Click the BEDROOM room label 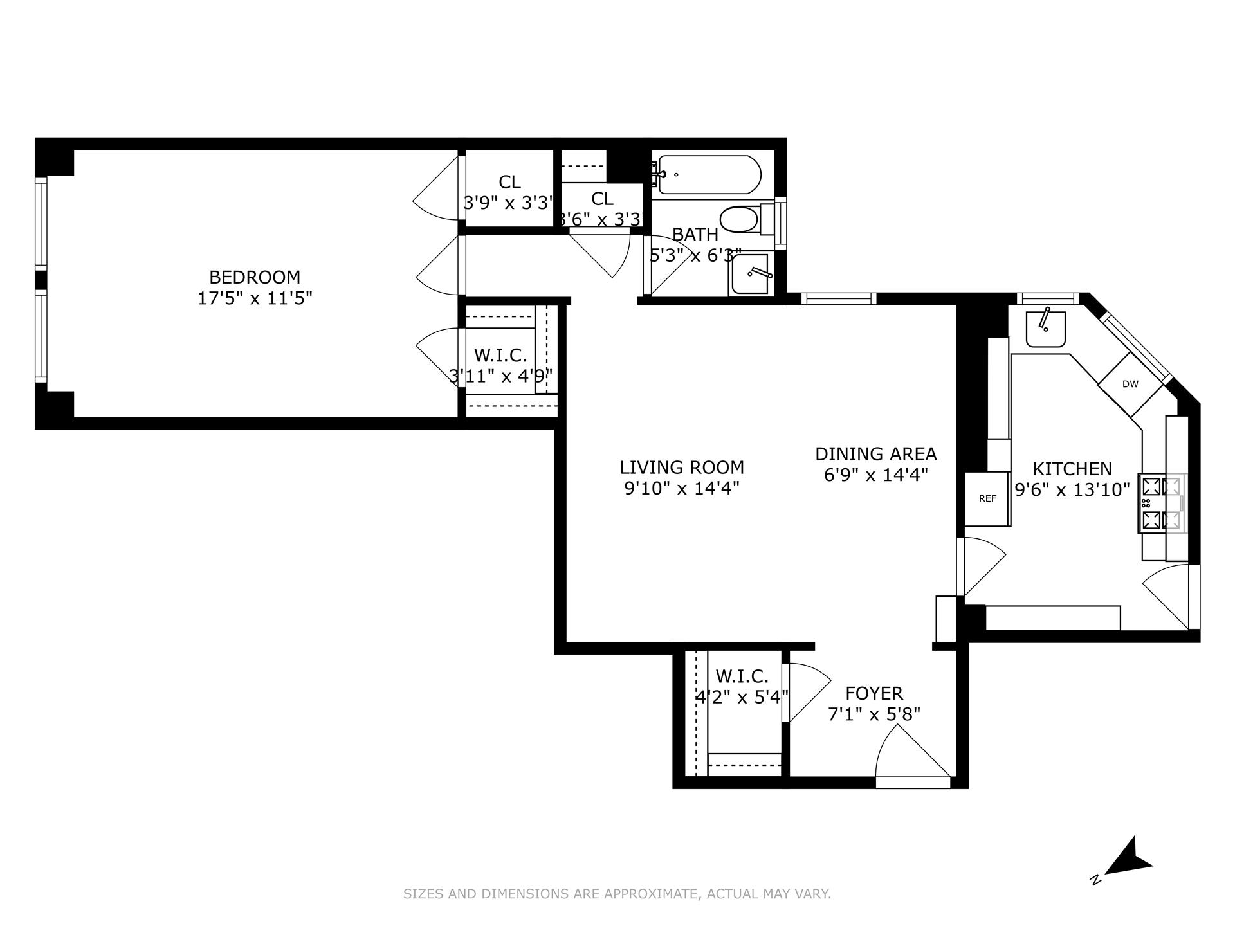click(255, 277)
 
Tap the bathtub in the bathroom click(708, 174)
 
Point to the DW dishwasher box click(1130, 385)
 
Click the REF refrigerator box click(987, 498)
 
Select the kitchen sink click(1045, 329)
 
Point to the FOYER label click(874, 693)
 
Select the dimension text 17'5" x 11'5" click(255, 298)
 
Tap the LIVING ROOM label click(682, 468)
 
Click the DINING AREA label click(875, 454)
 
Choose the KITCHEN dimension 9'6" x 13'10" click(1072, 490)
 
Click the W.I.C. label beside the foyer click(742, 676)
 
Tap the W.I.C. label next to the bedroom click(500, 355)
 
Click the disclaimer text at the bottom click(617, 894)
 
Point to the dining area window click(839, 298)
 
